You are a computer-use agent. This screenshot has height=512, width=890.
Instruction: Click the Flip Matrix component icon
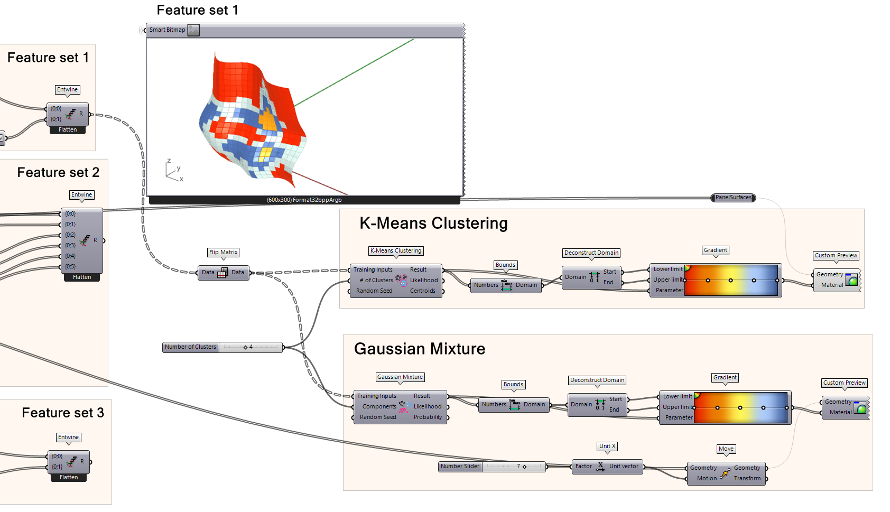222,273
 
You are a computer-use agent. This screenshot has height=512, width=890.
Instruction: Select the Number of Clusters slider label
190,347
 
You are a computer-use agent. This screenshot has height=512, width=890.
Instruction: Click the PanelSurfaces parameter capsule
733,198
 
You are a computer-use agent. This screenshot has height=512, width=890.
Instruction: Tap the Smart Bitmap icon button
194,30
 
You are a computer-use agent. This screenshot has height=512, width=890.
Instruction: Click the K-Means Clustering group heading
433,224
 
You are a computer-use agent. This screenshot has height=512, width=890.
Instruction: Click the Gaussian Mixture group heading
419,349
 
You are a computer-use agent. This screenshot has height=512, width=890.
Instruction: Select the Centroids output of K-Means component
423,291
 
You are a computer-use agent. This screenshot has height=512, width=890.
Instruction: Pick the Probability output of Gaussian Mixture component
428,417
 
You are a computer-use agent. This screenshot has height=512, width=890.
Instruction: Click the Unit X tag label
607,446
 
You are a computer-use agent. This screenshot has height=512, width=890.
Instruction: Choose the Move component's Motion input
707,479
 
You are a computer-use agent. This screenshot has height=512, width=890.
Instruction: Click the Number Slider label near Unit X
460,467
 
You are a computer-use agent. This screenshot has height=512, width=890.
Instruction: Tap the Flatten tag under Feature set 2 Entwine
82,277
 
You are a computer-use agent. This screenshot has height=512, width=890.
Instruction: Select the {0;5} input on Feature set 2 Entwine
70,267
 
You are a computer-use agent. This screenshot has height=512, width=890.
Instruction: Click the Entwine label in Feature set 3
69,437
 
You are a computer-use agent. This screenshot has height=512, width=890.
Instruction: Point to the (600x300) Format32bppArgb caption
304,200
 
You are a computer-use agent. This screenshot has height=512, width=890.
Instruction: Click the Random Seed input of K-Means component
374,291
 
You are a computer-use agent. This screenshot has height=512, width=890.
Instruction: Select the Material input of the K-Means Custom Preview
832,285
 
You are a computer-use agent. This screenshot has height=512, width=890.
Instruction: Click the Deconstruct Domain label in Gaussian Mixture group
597,380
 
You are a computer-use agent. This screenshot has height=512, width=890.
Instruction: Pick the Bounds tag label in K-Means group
505,265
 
